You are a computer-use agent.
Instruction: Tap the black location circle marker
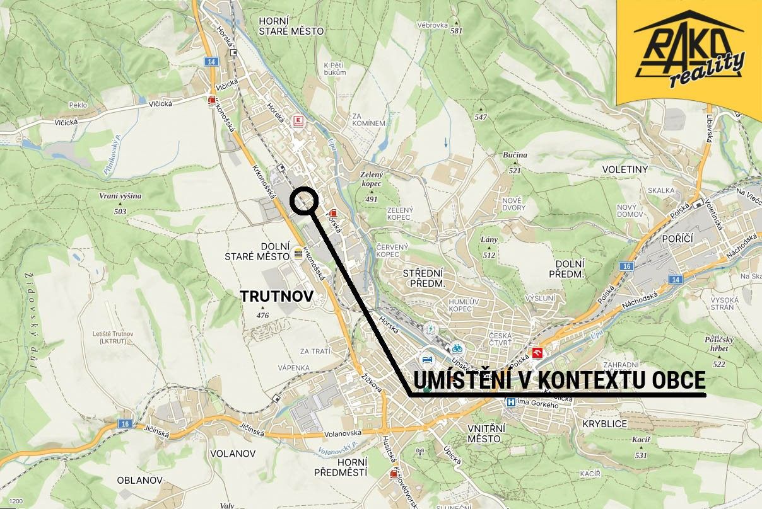304,201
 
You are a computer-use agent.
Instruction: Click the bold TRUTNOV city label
276,295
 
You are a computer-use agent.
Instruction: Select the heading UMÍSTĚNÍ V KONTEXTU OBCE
558,381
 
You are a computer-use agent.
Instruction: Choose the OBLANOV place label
140,480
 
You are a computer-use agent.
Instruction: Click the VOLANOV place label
232,454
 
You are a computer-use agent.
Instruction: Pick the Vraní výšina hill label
120,196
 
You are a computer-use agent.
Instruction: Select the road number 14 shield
211,62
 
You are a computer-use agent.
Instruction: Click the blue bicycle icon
457,348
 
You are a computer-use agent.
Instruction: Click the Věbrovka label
432,25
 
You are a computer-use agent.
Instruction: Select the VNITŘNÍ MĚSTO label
484,433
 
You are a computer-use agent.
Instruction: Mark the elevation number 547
481,117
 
